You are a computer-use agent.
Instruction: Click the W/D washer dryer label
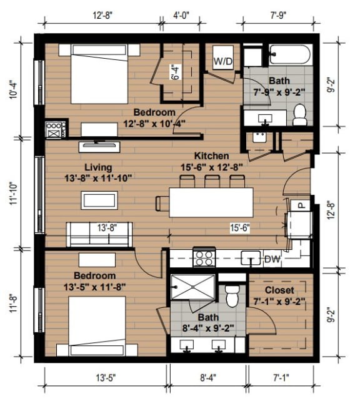[223, 61]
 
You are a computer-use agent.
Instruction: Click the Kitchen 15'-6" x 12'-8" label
[211, 161]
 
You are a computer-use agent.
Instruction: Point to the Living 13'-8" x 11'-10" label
[100, 172]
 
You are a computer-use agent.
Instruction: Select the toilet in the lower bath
[233, 295]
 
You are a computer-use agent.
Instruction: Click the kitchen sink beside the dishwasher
[251, 257]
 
